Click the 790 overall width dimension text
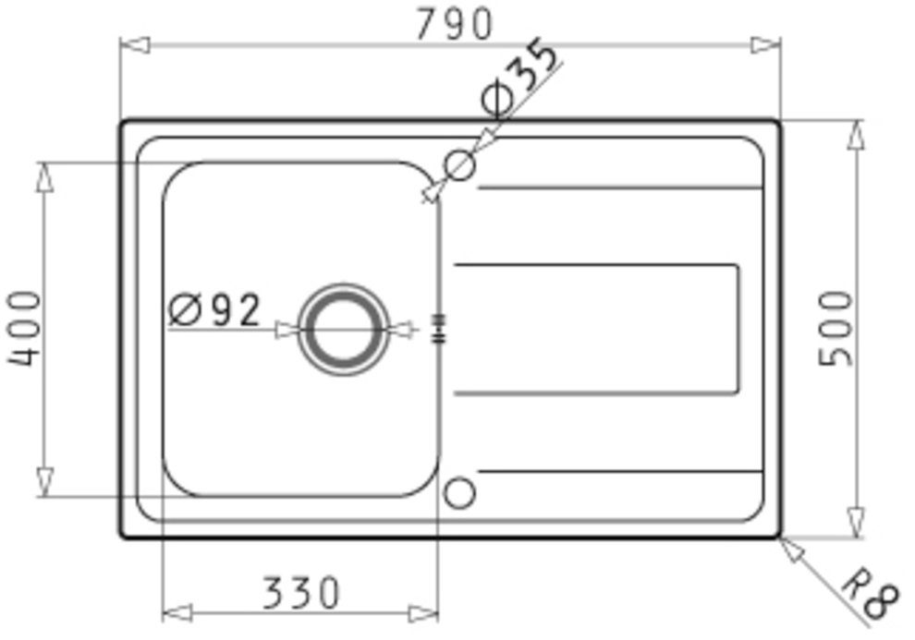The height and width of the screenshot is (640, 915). [x=453, y=25]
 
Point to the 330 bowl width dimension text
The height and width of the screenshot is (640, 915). [x=300, y=593]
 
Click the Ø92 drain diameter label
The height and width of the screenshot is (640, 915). [x=215, y=310]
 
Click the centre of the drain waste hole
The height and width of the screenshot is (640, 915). [x=343, y=329]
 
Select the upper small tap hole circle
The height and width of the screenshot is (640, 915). [x=459, y=165]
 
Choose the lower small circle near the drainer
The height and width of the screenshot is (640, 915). [x=459, y=492]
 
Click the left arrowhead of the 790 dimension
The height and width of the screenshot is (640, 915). [x=135, y=44]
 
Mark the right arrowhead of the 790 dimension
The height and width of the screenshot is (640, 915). [x=765, y=44]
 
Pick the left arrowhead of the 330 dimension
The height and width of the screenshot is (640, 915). [x=177, y=611]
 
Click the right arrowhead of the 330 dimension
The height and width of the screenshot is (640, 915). [x=423, y=611]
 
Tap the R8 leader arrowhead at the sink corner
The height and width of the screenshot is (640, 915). [x=789, y=547]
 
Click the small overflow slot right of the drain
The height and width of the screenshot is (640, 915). [x=439, y=328]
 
